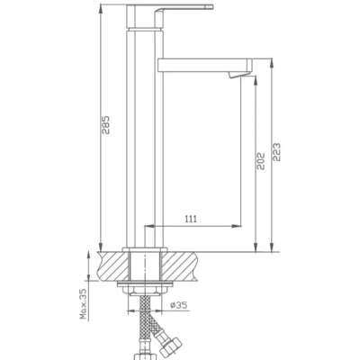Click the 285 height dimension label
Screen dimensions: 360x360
coord(106,125)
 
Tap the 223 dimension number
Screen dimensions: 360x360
coord(276,152)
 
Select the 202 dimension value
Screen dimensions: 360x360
coord(261,161)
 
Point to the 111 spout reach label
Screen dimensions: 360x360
coord(191,219)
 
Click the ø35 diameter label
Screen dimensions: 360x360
coord(179,305)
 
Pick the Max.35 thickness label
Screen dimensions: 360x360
coord(83,303)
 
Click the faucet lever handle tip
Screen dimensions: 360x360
coord(211,7)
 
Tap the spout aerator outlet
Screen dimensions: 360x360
coord(236,75)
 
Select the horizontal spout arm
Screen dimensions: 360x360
coord(204,66)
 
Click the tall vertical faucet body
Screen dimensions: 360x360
coord(145,138)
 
